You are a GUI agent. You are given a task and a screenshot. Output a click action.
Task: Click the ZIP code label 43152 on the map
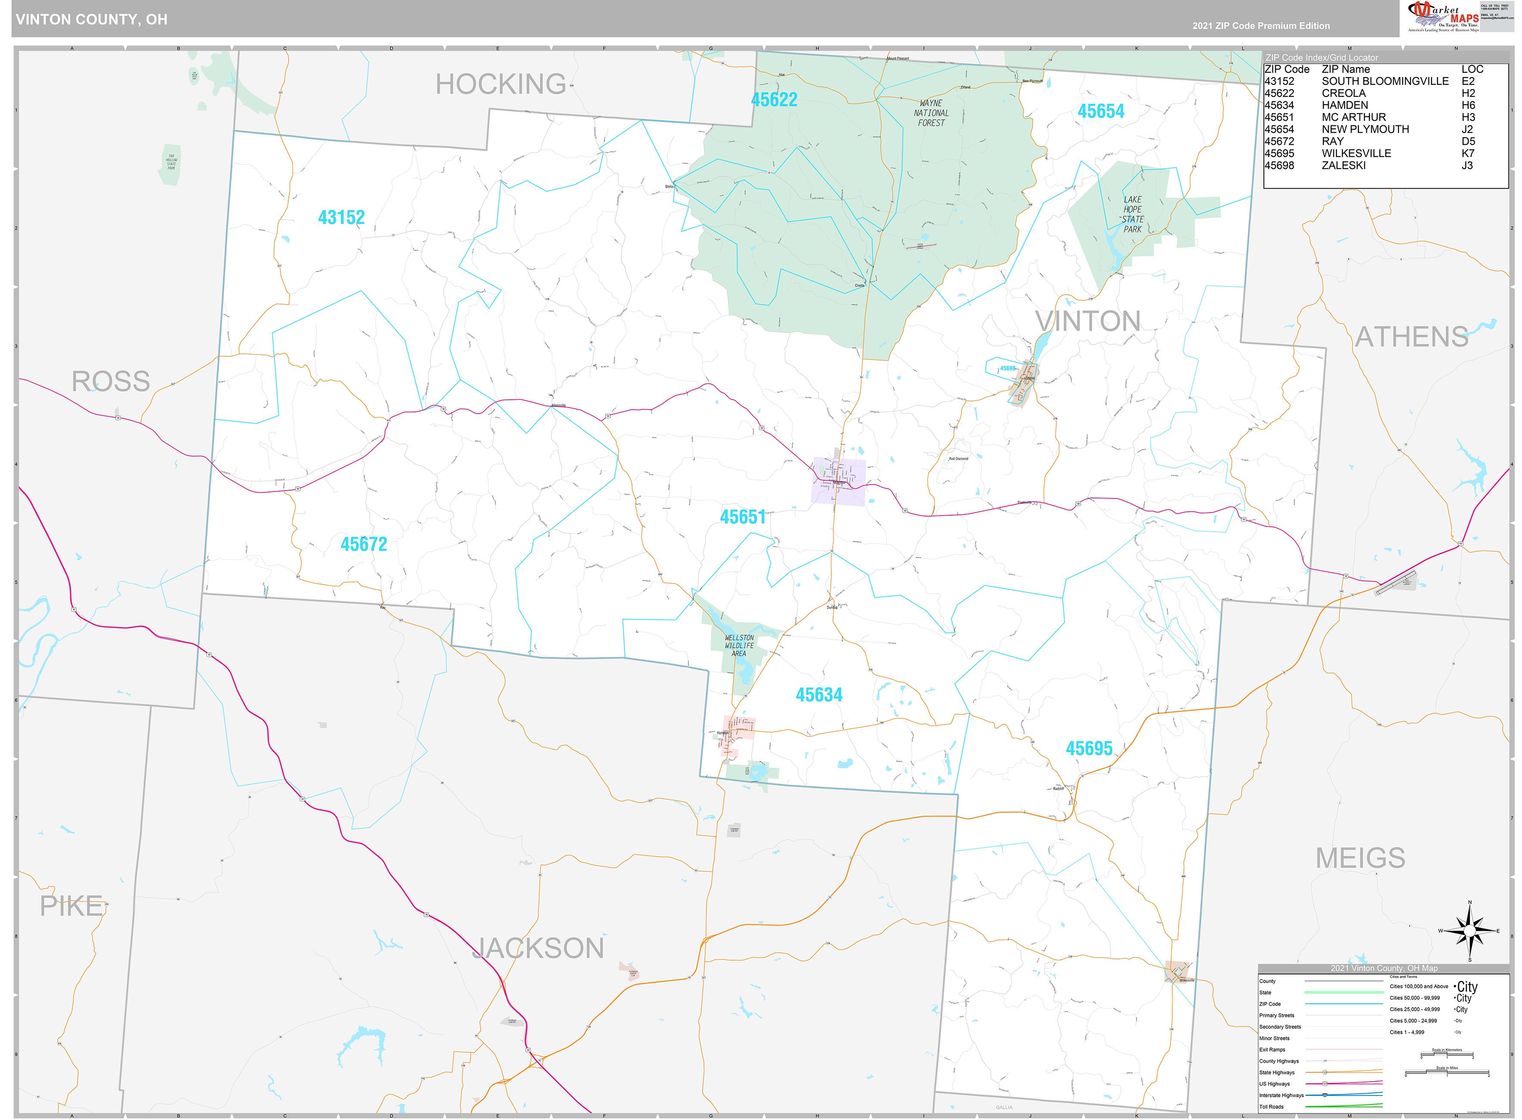coord(341,218)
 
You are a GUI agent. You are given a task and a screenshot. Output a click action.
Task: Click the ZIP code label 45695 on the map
coord(1089,749)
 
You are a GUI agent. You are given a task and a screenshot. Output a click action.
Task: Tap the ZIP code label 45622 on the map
coord(774,100)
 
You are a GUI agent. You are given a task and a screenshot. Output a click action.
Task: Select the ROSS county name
coord(111,382)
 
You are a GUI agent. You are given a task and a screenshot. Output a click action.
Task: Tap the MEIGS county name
coord(1360,858)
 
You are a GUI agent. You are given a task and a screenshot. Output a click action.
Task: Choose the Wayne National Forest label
coord(931,113)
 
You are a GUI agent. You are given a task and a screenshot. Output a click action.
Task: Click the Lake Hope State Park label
coord(1132,214)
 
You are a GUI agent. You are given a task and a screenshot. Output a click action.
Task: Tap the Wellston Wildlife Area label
coord(738,645)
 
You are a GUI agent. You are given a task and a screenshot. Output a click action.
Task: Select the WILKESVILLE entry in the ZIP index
coord(1356,154)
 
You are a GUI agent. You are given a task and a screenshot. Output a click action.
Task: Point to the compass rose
coord(1469,931)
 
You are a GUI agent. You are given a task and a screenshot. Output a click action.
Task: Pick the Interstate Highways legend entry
coord(1281,1095)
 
